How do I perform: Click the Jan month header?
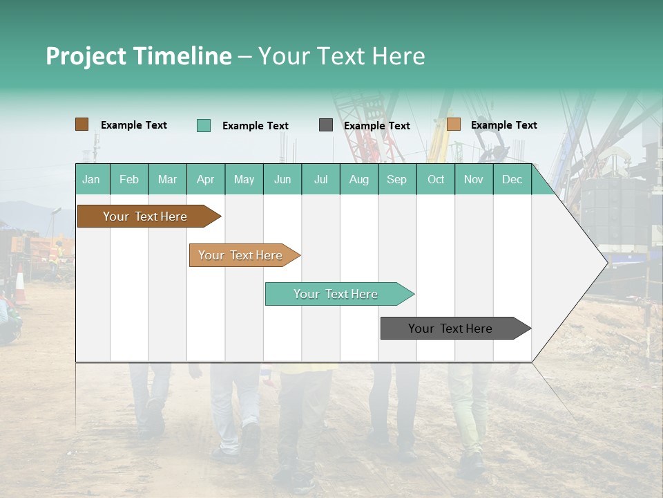tap(91, 179)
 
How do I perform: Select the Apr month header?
tap(205, 179)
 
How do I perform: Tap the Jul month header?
tap(320, 179)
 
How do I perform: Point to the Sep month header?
tap(396, 179)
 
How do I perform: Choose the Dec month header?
tap(512, 179)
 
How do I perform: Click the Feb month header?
tap(129, 179)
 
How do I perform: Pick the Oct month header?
tap(436, 179)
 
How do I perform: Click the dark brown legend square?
tap(81, 124)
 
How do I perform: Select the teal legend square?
tap(204, 125)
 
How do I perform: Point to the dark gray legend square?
tap(326, 125)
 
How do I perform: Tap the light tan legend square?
tap(453, 124)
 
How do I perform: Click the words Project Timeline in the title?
tap(139, 56)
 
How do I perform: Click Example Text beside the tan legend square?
tap(503, 125)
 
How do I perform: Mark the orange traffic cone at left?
tap(20, 285)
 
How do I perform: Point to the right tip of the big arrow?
tap(606, 262)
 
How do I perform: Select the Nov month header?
tap(474, 179)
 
